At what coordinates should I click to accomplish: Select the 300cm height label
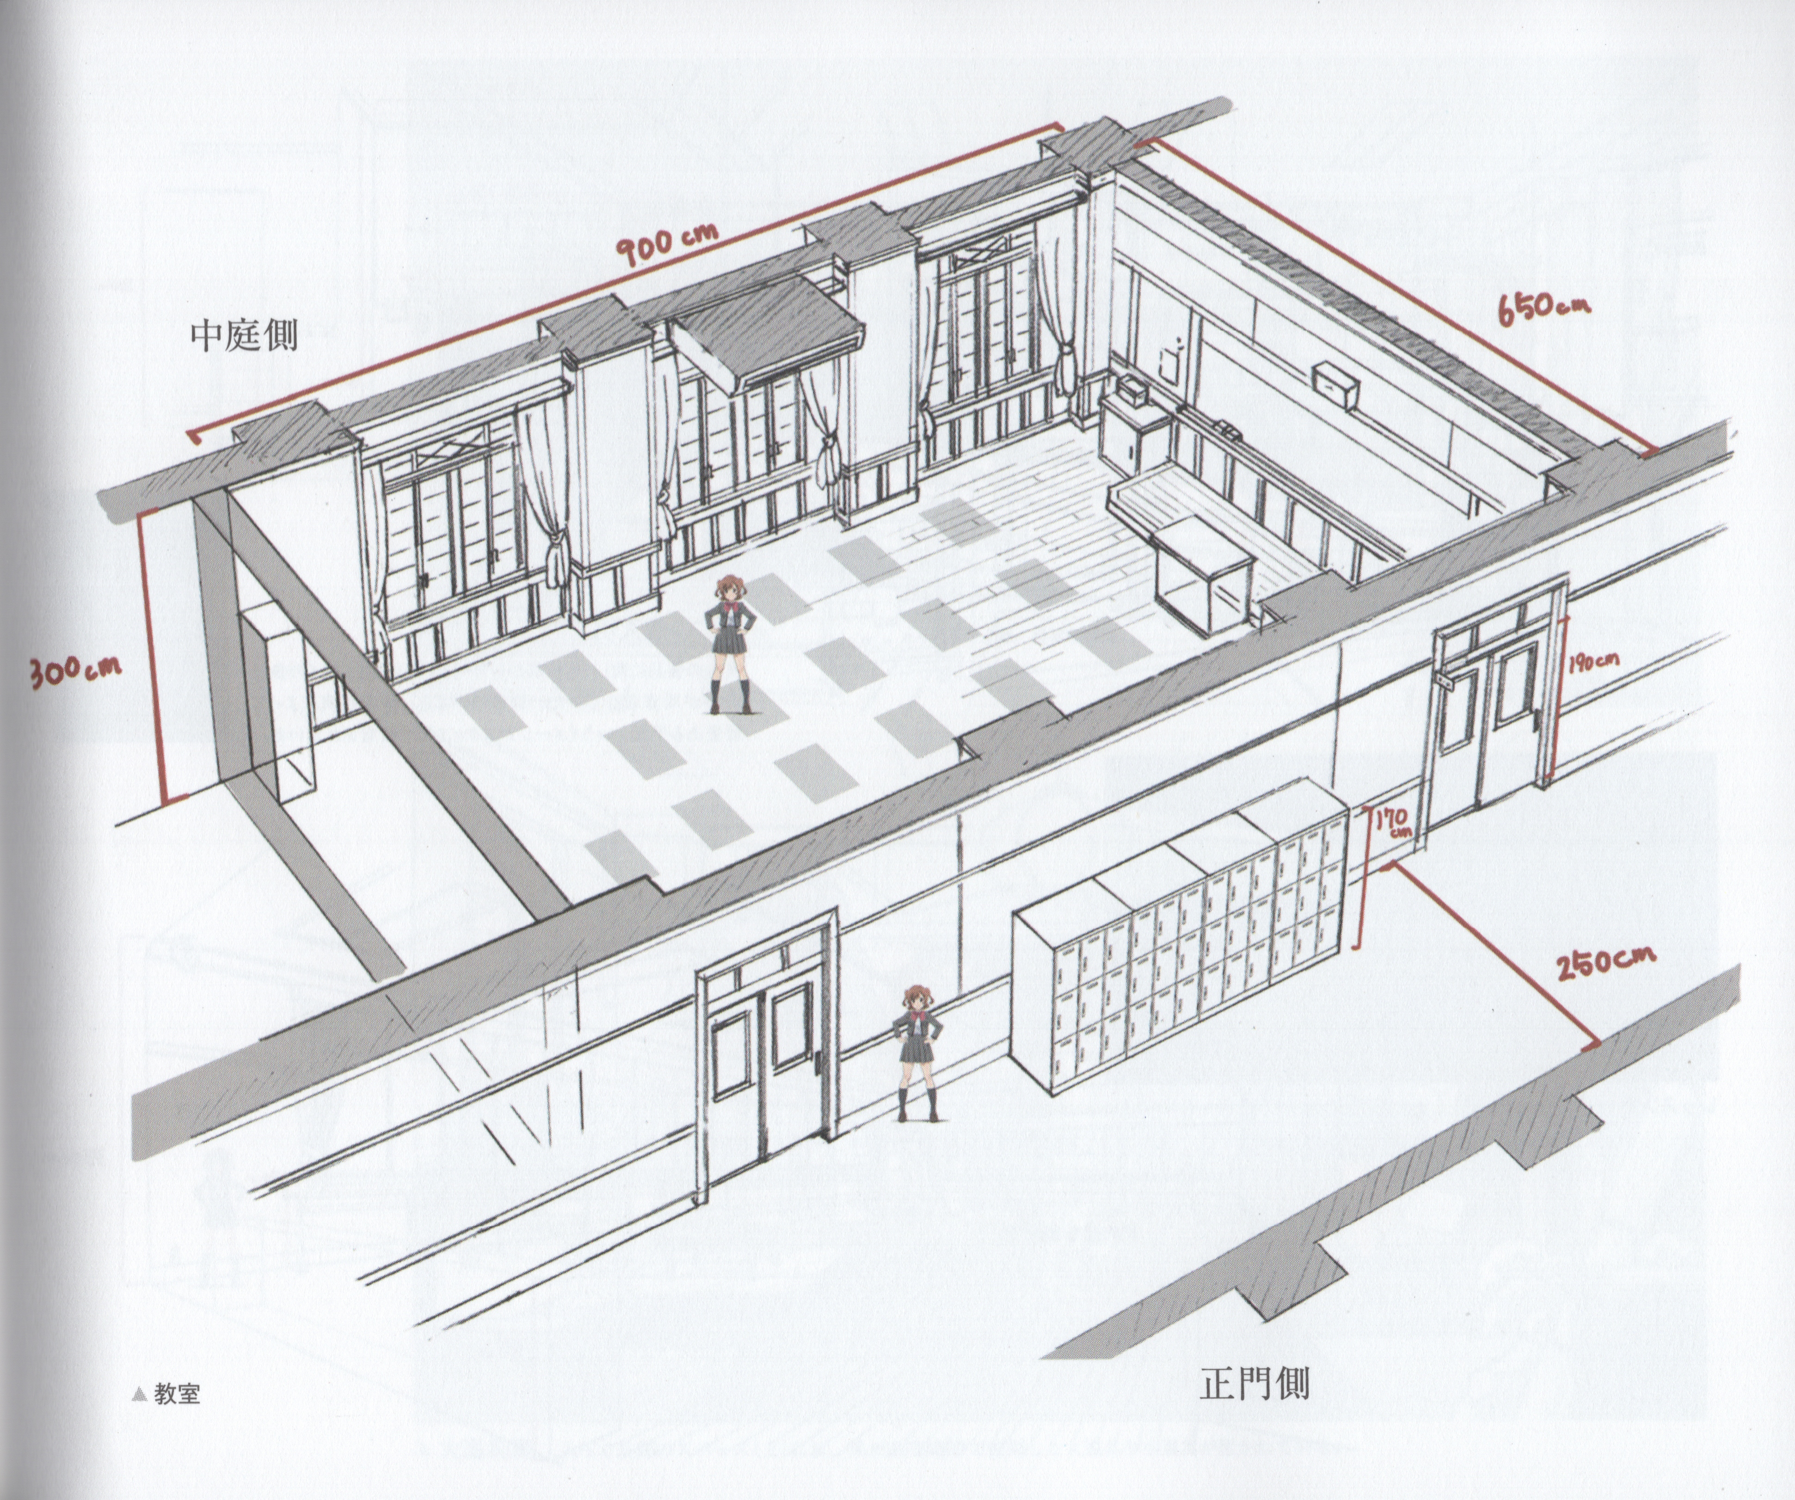click(75, 670)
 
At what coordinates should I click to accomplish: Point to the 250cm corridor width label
click(1604, 961)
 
